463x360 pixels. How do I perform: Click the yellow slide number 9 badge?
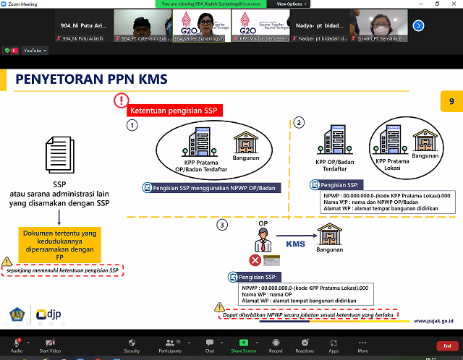point(451,102)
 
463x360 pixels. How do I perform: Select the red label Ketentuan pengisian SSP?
point(174,111)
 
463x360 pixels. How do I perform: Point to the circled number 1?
point(132,126)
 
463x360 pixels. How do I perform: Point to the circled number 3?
point(223,225)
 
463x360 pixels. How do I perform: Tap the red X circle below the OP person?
point(255,260)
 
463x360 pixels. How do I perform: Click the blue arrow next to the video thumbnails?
point(418,25)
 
